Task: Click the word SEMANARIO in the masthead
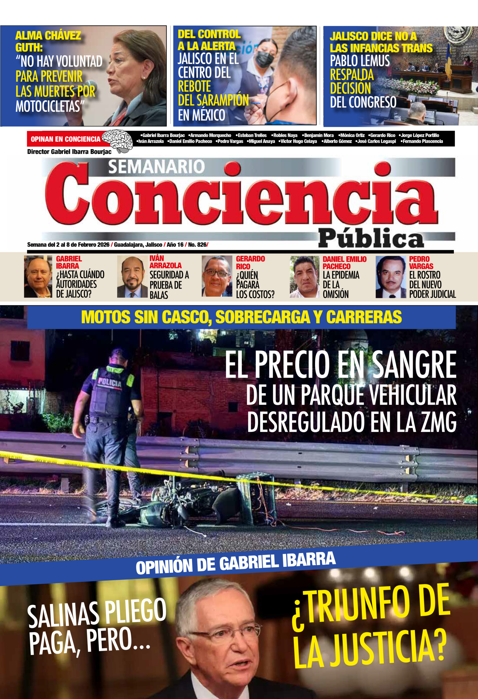pyautogui.click(x=156, y=167)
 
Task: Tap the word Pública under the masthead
pyautogui.click(x=371, y=239)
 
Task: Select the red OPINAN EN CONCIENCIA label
pyautogui.click(x=65, y=139)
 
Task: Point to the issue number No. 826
pyautogui.click(x=197, y=245)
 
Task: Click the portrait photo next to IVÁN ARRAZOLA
pyautogui.click(x=132, y=277)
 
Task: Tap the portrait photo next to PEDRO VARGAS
pyautogui.click(x=391, y=277)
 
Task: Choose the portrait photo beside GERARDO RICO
pyautogui.click(x=217, y=276)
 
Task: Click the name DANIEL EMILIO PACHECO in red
pyautogui.click(x=344, y=263)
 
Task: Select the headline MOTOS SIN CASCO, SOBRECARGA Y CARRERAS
pyautogui.click(x=241, y=317)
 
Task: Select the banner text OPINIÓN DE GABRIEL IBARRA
pyautogui.click(x=235, y=563)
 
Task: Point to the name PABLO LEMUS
pyautogui.click(x=360, y=61)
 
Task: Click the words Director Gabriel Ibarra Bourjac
pyautogui.click(x=69, y=152)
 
